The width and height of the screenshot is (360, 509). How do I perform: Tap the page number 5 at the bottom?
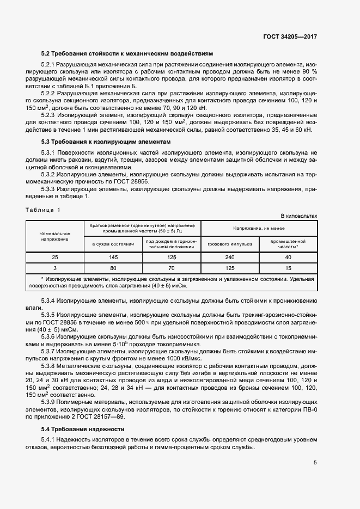tap(315, 463)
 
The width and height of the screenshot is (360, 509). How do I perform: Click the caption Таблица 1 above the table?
tap(44, 210)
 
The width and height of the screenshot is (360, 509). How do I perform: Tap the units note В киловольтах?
tap(298, 216)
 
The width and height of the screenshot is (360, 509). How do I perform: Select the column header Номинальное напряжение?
tap(54, 236)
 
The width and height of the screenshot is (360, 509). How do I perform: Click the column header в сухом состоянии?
tap(113, 244)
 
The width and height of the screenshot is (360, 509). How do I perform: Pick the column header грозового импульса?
tap(229, 244)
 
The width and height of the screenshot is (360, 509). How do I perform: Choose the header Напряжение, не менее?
tap(259, 228)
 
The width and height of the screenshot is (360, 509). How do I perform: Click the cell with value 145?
tap(113, 257)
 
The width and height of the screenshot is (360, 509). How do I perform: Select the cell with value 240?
tap(229, 257)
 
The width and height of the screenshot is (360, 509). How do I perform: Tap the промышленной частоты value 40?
tap(288, 257)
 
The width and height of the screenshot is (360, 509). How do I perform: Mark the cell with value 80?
tap(113, 268)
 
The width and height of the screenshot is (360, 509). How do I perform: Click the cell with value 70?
tap(171, 268)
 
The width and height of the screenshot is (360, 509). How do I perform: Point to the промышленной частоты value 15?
tap(288, 268)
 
